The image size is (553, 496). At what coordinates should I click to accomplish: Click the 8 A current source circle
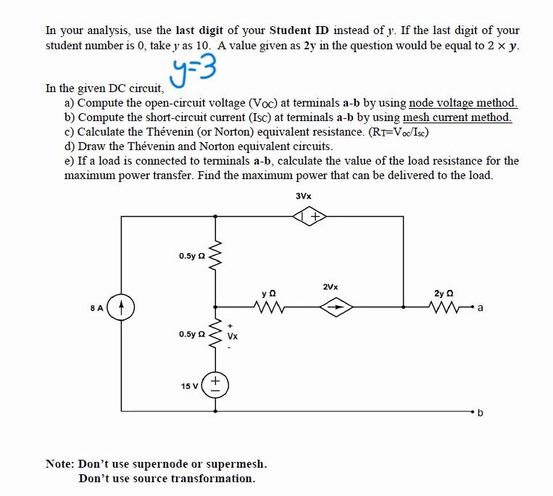(122, 307)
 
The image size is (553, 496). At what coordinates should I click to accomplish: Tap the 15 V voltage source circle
(215, 384)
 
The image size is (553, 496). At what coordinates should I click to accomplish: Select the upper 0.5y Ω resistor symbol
(215, 255)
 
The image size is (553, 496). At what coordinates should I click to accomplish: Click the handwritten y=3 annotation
(196, 73)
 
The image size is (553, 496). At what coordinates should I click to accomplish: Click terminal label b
(482, 413)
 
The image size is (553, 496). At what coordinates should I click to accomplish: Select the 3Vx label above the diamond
(304, 196)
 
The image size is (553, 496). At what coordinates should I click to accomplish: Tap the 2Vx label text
(330, 286)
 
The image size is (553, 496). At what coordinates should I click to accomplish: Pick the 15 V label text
(191, 385)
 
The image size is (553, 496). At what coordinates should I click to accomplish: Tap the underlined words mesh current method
(457, 117)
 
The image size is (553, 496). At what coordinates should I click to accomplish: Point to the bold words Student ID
(299, 30)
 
